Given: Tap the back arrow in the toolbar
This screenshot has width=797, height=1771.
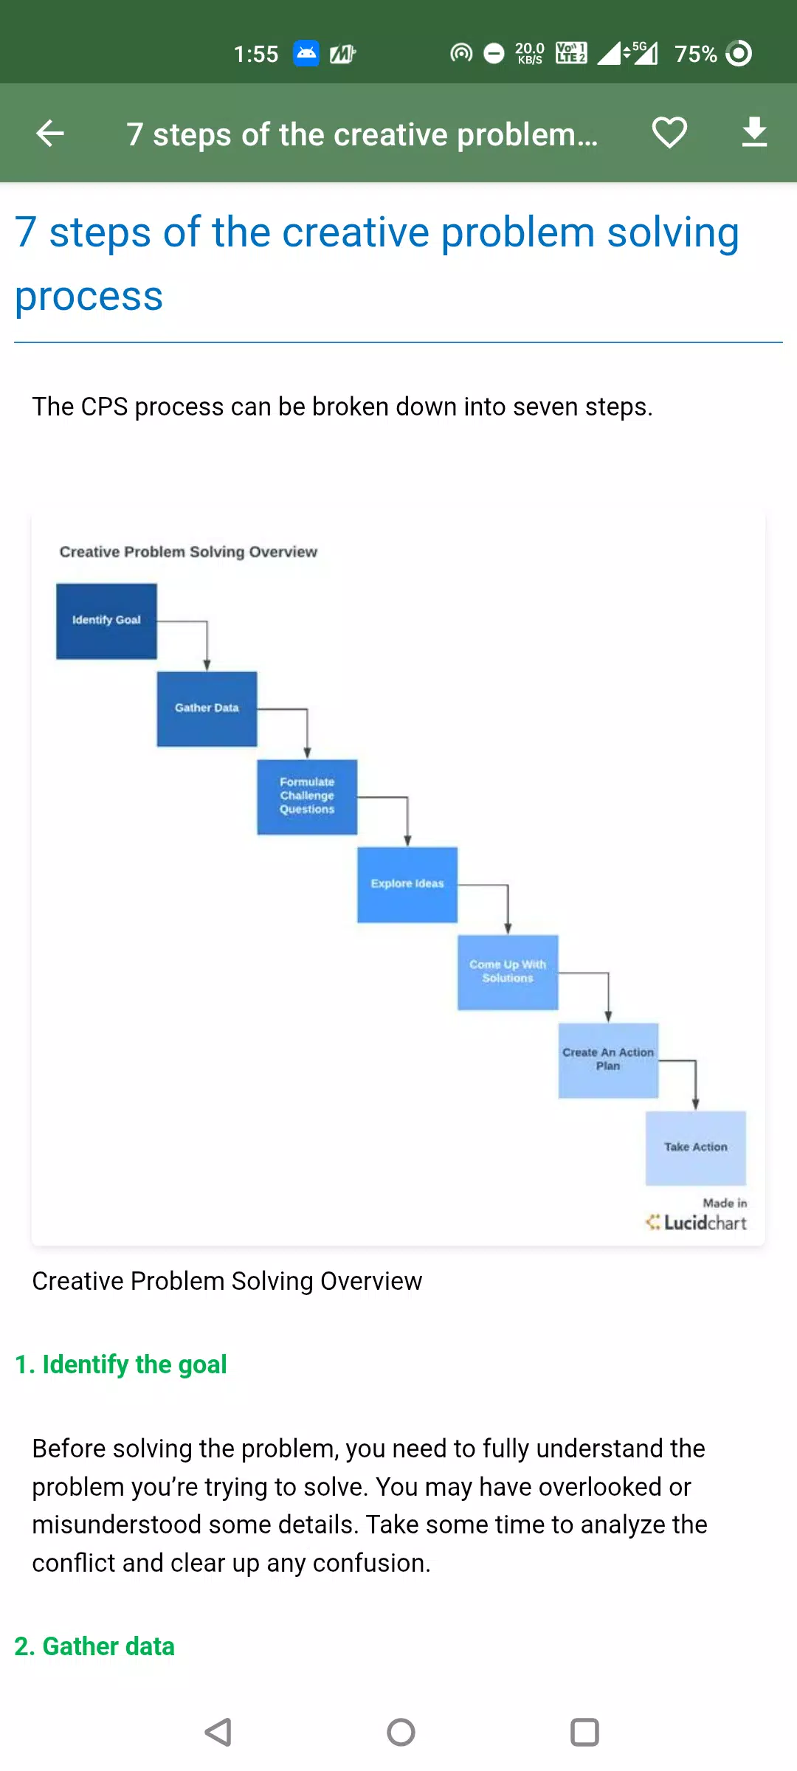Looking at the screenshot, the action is [50, 134].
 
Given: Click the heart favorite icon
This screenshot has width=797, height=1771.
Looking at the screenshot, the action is [669, 133].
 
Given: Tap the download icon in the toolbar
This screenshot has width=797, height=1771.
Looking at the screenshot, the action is [754, 132].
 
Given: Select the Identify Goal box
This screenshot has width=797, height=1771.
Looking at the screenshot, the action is [106, 621].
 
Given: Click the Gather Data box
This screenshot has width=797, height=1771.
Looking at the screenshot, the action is [207, 709].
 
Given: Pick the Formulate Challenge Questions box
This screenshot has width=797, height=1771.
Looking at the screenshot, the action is [307, 797].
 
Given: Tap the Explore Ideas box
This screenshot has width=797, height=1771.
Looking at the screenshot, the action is [407, 885].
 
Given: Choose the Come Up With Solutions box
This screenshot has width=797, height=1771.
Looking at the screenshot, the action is [508, 973].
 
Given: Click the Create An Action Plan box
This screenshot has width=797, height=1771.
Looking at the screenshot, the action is [608, 1060].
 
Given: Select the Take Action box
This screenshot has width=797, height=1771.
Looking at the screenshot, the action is [696, 1148].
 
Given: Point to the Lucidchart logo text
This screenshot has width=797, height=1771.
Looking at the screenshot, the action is [705, 1223].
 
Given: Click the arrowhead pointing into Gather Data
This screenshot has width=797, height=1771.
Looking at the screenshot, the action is [207, 666].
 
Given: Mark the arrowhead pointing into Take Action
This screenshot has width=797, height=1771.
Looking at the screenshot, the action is [695, 1105].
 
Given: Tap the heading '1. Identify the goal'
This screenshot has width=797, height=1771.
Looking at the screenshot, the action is [121, 1365].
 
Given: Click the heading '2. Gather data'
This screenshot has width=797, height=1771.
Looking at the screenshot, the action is [94, 1646].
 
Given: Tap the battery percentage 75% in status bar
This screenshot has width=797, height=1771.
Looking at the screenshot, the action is [695, 54].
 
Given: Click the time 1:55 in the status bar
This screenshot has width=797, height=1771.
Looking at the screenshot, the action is [255, 54].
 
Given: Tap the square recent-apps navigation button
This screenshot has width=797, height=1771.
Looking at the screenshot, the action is [584, 1732].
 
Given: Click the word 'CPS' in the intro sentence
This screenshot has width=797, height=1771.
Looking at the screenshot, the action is [104, 407].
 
